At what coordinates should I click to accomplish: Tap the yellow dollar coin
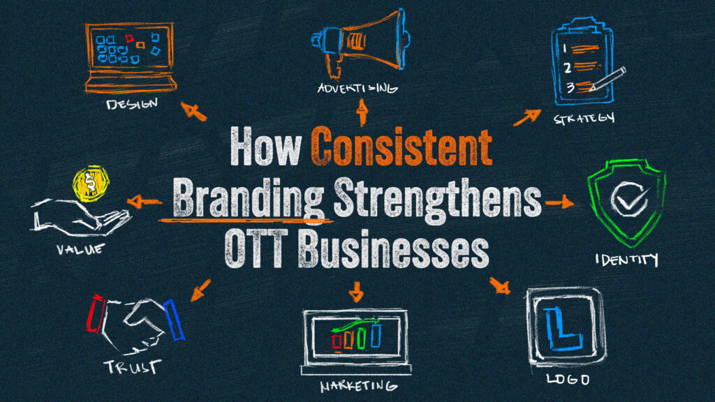tap(91, 184)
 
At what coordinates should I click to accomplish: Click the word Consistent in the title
tap(401, 147)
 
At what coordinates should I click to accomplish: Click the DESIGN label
tap(132, 104)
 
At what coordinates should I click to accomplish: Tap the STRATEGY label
tap(584, 118)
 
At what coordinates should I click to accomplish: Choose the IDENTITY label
tap(627, 260)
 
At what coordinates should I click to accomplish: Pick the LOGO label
tap(568, 379)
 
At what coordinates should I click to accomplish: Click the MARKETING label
tap(358, 386)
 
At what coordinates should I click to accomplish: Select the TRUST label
tap(133, 366)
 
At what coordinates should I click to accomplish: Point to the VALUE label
tap(81, 249)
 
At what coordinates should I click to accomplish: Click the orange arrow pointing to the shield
tap(559, 202)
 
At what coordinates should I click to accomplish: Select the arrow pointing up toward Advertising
tap(362, 112)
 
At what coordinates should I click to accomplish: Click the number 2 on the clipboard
tap(567, 68)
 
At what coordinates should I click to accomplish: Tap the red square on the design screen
tap(129, 38)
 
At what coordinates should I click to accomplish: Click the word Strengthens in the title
tap(437, 199)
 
